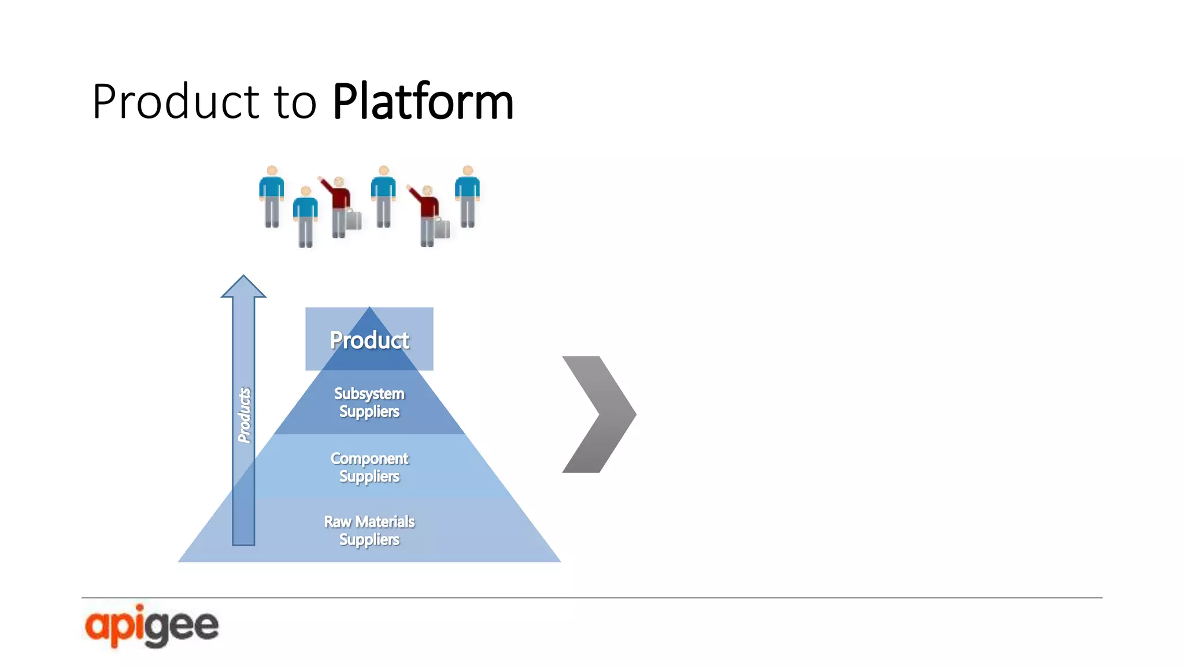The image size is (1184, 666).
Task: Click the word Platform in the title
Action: coord(423,102)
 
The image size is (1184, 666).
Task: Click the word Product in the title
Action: coord(175,102)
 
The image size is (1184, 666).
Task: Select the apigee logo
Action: coord(151,626)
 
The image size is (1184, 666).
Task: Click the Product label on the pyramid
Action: coord(369,340)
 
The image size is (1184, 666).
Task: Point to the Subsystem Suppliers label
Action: coord(369,402)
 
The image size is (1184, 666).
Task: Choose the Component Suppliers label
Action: coord(369,467)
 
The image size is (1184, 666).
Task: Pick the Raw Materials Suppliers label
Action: coord(369,530)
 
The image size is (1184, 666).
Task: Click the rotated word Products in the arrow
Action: coord(245,415)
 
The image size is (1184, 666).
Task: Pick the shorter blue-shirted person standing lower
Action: coord(305,216)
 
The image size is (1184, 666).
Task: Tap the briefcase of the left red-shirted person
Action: coord(353,220)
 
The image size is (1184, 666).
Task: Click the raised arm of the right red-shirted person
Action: coord(415,194)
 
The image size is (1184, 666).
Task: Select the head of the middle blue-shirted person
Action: coord(383,171)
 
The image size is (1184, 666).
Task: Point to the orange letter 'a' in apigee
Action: coord(97,626)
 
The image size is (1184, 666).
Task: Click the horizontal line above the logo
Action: coord(591,598)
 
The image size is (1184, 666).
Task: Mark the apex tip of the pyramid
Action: coord(369,308)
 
